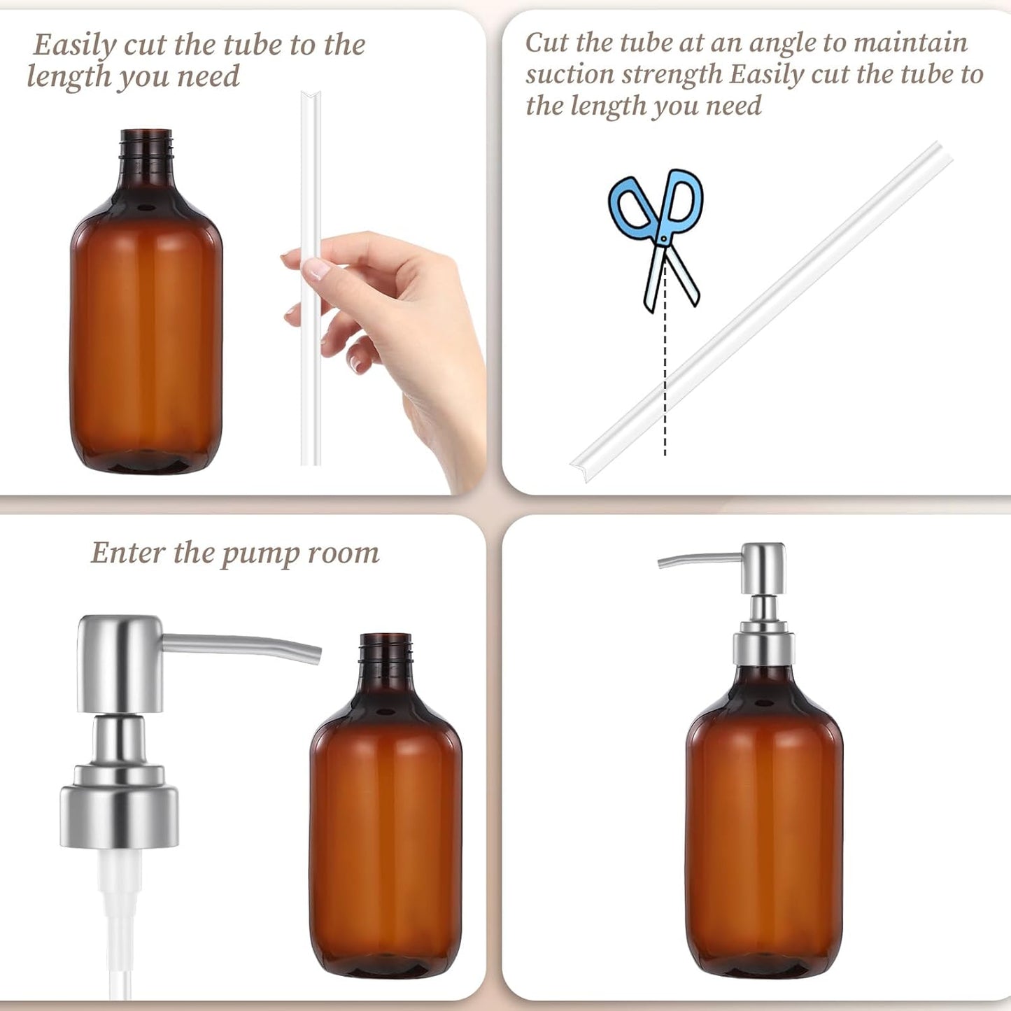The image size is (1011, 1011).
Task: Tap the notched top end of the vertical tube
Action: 311,97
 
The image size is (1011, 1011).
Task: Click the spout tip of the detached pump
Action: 316,653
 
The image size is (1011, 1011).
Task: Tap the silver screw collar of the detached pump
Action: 119,815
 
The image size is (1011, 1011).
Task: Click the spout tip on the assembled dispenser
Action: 662,562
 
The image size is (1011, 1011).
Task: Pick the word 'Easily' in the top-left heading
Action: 75,46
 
